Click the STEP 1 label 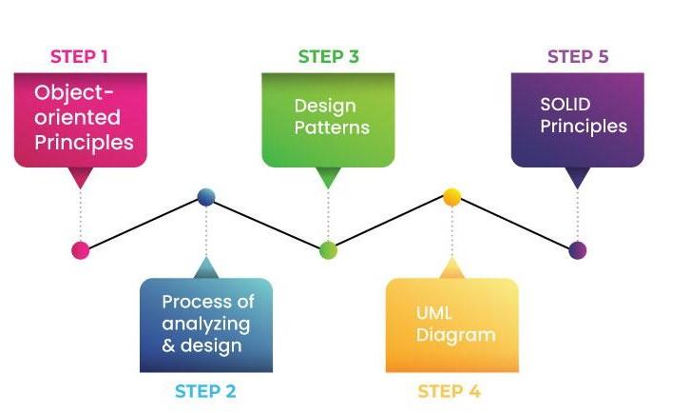tap(79, 56)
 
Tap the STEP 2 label tap(205, 391)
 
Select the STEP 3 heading tap(328, 56)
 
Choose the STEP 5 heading tap(578, 56)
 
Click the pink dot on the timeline tap(81, 250)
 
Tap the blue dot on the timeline tap(206, 198)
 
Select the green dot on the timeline tap(328, 250)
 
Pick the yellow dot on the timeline tap(452, 197)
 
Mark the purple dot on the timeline tap(578, 250)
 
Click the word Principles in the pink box tap(85, 143)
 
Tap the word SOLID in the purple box tap(565, 104)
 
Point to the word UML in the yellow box tap(433, 313)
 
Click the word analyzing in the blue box tap(205, 324)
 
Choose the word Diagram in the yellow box tap(455, 335)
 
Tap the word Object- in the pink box tap(75, 93)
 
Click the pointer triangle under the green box tap(328, 177)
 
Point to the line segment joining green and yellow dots tap(390, 224)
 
